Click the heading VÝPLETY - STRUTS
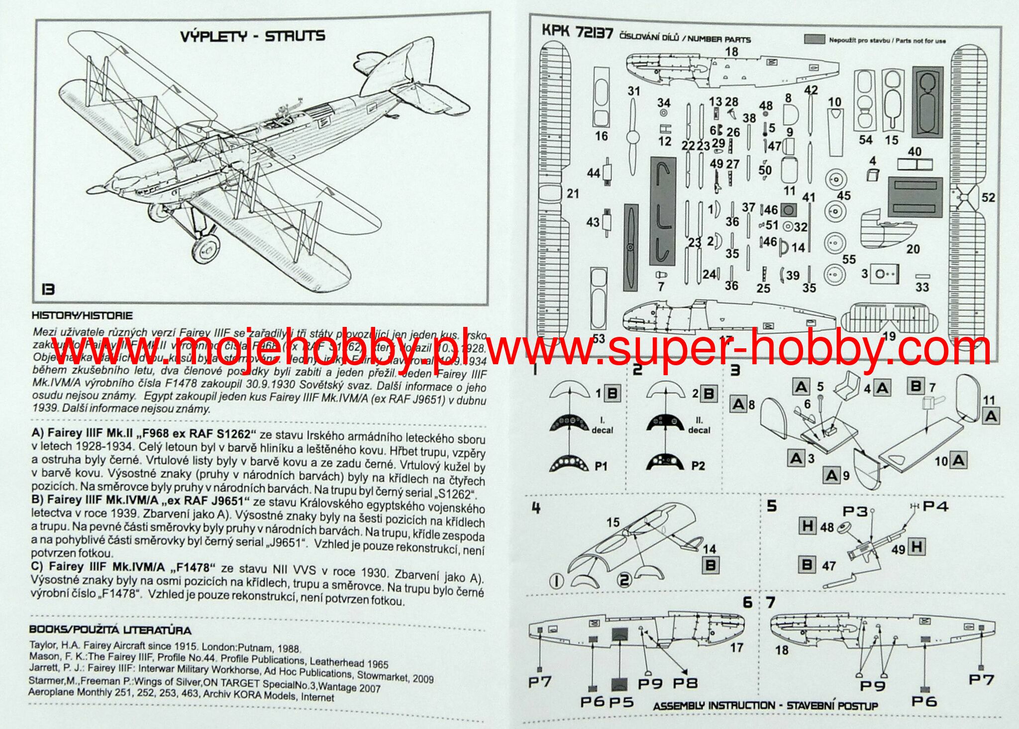tap(252, 36)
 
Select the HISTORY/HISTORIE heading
tap(82, 315)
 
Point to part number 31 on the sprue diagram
tap(633, 91)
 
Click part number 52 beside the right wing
tap(988, 198)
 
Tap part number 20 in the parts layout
tap(913, 249)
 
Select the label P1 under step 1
tap(601, 466)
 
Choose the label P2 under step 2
tap(698, 466)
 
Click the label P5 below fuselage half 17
tap(621, 702)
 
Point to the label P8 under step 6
tap(685, 683)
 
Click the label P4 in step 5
tap(935, 507)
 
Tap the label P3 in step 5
tap(855, 511)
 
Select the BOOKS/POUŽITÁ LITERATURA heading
tap(110, 630)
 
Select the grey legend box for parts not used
tap(815, 40)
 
